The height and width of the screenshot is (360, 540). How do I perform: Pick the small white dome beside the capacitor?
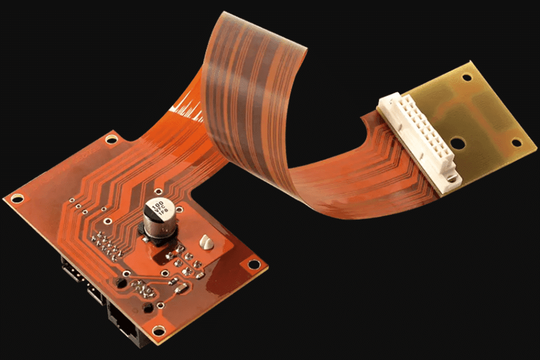coord(206,242)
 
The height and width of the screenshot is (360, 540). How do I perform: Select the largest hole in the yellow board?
coord(458,144)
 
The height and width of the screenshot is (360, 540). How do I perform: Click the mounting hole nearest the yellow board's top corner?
coord(466,77)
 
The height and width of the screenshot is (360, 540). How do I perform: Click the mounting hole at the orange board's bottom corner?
coord(158,330)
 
